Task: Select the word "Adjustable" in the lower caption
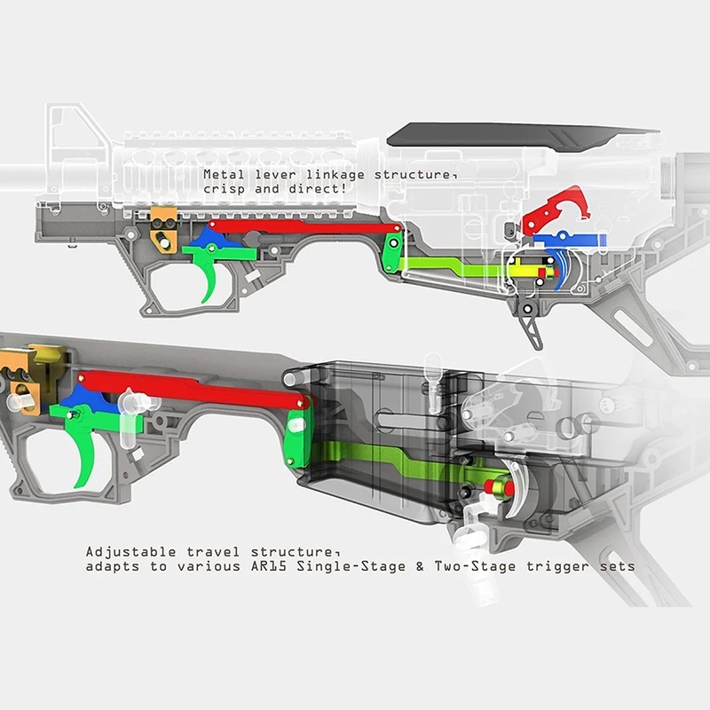point(130,552)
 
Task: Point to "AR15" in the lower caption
point(269,566)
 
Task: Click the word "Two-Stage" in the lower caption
point(475,566)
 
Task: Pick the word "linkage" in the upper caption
point(335,175)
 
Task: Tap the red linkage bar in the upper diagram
point(304,227)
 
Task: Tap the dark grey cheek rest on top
point(521,136)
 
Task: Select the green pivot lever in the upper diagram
point(392,252)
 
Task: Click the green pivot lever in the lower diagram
point(297,434)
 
